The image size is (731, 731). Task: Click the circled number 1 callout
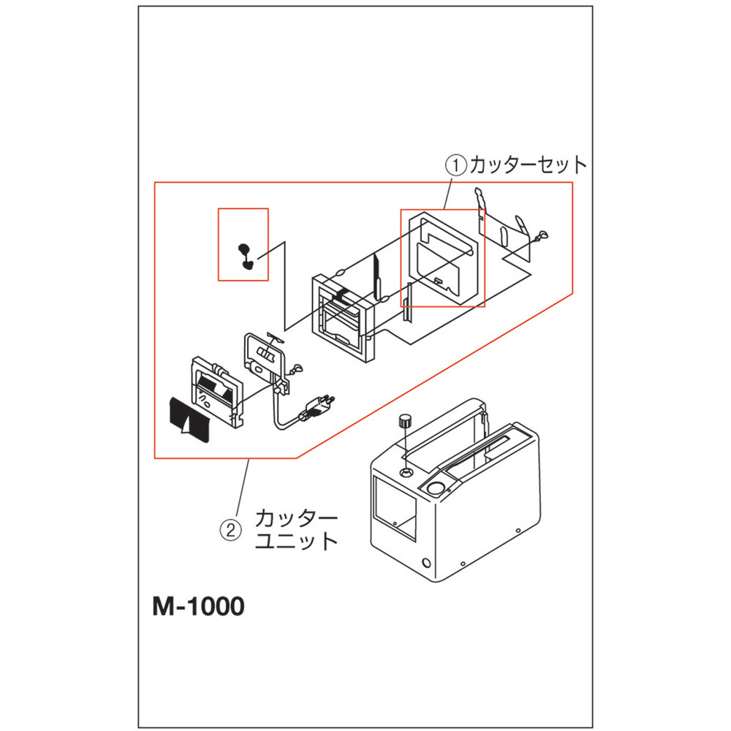(456, 165)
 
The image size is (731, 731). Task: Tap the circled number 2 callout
(231, 530)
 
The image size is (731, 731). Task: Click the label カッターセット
(528, 165)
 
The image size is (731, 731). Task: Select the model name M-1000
(198, 606)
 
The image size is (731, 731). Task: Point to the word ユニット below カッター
(296, 541)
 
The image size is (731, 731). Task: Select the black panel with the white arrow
(190, 420)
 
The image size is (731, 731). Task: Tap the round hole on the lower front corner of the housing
(426, 563)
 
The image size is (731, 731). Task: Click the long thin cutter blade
(376, 278)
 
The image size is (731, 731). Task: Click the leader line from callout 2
(243, 487)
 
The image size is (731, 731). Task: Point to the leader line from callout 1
(447, 192)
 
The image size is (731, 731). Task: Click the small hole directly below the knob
(406, 473)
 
